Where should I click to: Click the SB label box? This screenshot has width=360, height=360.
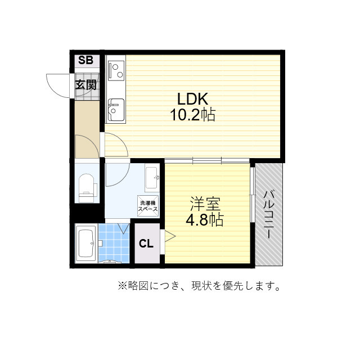click(x=85, y=61)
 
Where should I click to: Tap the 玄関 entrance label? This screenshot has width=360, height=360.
click(x=86, y=85)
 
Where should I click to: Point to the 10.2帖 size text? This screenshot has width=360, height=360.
click(x=193, y=115)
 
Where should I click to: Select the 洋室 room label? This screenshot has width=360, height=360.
click(x=201, y=202)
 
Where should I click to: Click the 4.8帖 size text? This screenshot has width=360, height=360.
click(x=201, y=219)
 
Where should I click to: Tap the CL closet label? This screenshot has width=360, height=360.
click(x=146, y=244)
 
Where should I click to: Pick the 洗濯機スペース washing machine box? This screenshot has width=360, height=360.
click(x=148, y=206)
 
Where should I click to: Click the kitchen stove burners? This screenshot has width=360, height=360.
click(x=117, y=70)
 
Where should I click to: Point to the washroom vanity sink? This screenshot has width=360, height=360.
click(x=151, y=178)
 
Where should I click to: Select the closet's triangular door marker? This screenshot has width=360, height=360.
click(x=168, y=236)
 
